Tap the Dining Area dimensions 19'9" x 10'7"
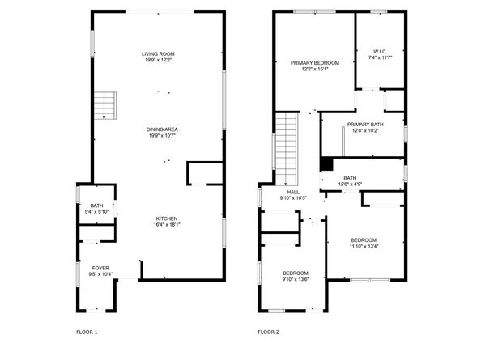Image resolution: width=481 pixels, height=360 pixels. coord(163,136)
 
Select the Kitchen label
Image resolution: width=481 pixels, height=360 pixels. coord(167,218)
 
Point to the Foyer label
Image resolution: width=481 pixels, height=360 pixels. coord(100,267)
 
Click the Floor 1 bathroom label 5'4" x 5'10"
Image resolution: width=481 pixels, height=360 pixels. coord(97,213)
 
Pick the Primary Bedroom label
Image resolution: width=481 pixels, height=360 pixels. coord(315,62)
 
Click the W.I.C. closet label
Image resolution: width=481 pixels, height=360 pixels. coord(380,51)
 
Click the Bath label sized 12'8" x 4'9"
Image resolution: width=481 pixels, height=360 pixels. coord(350,178)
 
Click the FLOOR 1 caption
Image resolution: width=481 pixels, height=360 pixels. coord(86,332)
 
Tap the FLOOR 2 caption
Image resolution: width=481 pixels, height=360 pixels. coord(268,332)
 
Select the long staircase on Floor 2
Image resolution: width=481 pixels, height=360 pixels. coord(286,146)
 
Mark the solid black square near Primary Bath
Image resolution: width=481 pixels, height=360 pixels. coord(326,163)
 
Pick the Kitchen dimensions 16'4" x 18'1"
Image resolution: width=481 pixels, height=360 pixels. coord(167,225)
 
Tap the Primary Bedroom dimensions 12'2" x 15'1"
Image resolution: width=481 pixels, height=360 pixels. coord(315,69)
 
